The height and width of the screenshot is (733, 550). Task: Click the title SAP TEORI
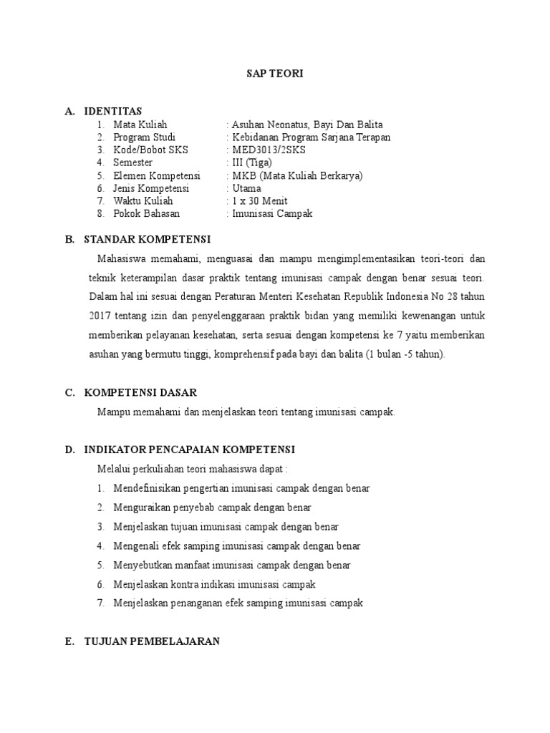coord(275,74)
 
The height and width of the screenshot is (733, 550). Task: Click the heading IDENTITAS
coord(113,111)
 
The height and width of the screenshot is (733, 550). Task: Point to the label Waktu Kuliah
coord(143,201)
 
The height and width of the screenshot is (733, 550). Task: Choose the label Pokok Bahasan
coord(147,214)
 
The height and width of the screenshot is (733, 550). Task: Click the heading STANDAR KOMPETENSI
coord(148,238)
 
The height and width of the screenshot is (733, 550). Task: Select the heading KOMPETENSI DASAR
coord(140,393)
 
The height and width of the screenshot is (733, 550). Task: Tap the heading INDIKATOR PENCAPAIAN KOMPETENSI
coord(189,449)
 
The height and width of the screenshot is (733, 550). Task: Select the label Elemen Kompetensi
coord(157,175)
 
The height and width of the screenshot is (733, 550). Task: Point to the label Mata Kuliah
coord(140,124)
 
